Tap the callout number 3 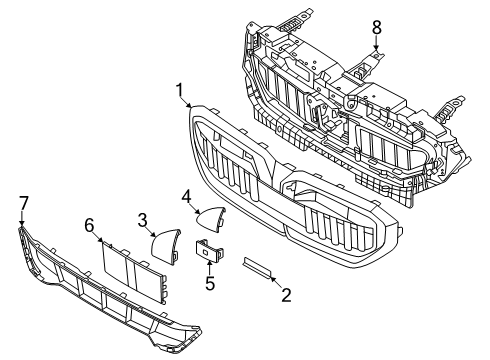[142, 219]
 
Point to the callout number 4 [187, 199]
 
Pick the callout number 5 [209, 283]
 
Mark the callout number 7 [23, 203]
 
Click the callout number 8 [377, 26]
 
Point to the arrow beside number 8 [377, 42]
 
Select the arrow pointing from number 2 [277, 282]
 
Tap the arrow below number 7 [22, 220]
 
